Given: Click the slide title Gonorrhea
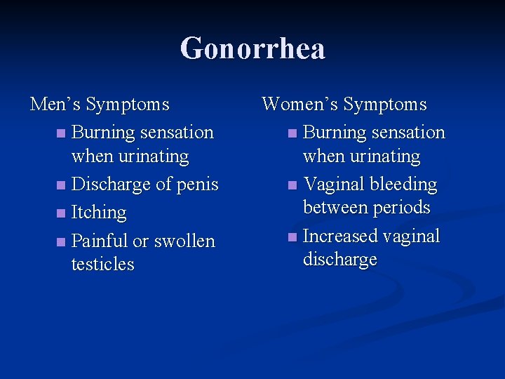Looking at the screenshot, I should tap(252, 49).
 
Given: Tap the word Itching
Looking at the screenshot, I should tap(99, 213).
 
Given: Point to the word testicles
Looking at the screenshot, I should tap(102, 265).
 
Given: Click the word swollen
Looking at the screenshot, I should tap(184, 241).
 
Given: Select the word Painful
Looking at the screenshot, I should tap(100, 241).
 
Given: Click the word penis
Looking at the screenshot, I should tap(198, 185).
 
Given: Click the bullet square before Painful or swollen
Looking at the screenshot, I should tap(61, 241).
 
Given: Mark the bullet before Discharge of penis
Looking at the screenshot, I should tap(61, 185).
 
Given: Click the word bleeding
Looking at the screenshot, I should tap(403, 185).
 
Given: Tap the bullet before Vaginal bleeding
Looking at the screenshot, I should tap(292, 185).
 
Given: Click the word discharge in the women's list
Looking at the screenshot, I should tap(339, 260).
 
